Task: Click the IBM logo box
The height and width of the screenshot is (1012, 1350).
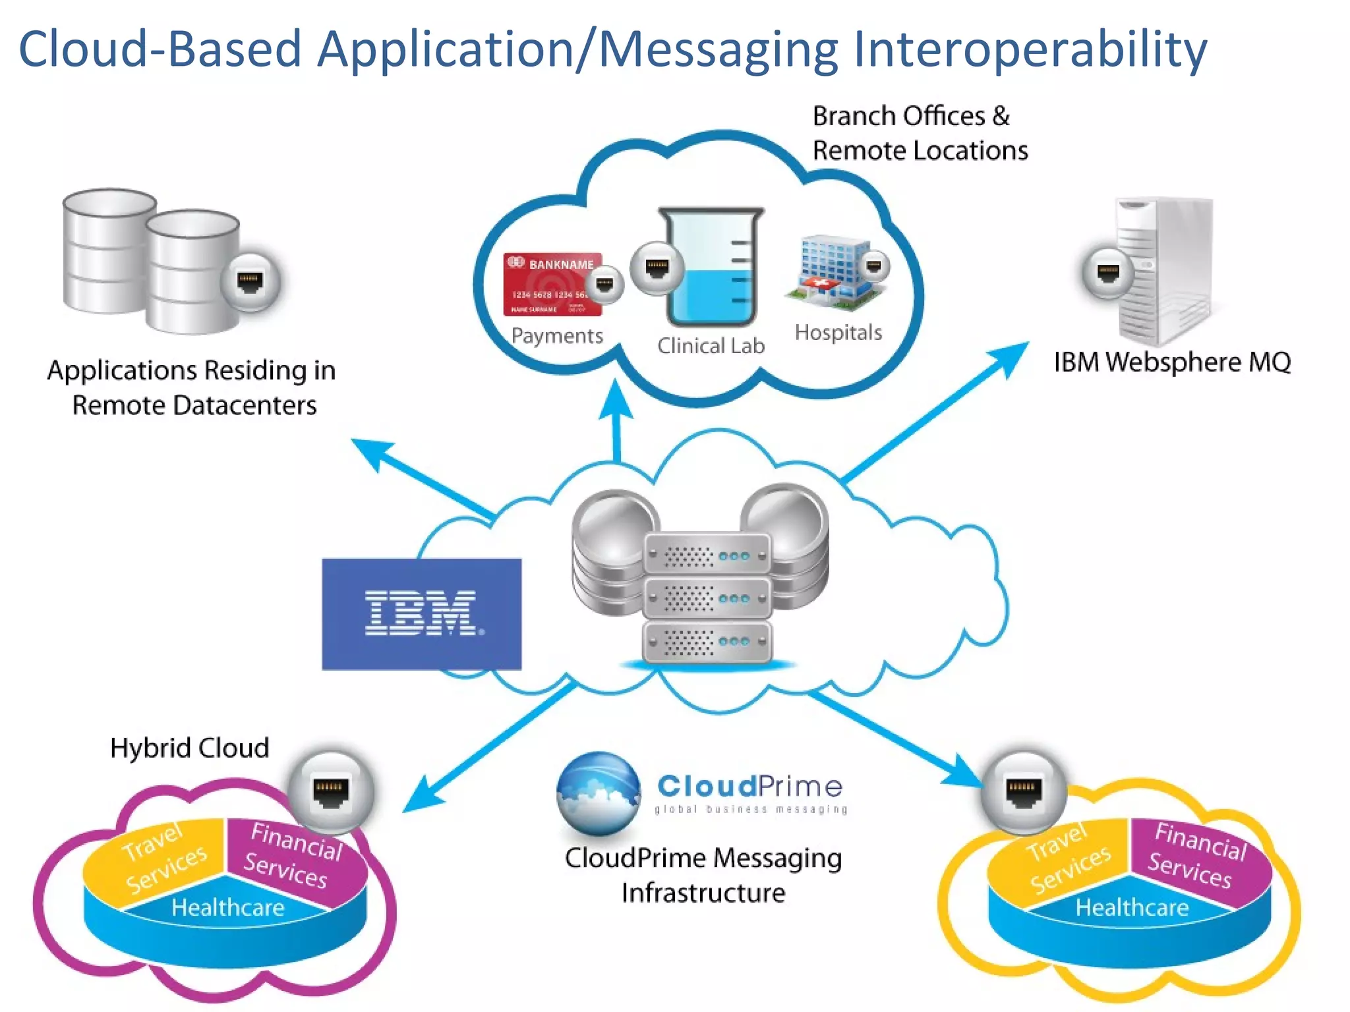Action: [x=421, y=613]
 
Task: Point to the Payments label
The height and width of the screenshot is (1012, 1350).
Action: [x=557, y=336]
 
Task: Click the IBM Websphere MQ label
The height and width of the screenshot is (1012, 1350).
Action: [x=1172, y=362]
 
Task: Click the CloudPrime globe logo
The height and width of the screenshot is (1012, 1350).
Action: [x=598, y=793]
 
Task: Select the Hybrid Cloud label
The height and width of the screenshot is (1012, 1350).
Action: [x=189, y=748]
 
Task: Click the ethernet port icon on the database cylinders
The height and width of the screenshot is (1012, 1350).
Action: [x=250, y=282]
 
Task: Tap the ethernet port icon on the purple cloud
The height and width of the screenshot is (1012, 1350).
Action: [x=331, y=791]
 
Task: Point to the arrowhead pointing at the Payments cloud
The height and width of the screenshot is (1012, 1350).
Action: [x=616, y=398]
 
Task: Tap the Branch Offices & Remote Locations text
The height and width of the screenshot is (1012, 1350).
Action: [x=920, y=133]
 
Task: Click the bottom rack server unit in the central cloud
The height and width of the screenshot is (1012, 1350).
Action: [x=707, y=641]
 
